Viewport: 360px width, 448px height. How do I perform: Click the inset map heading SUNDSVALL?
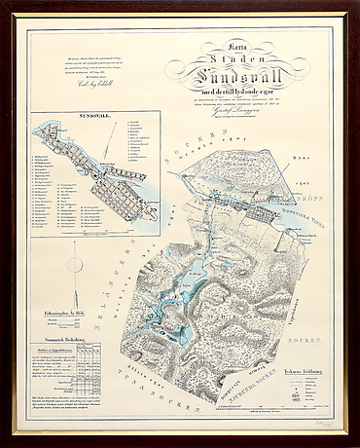[x=89, y=123]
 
